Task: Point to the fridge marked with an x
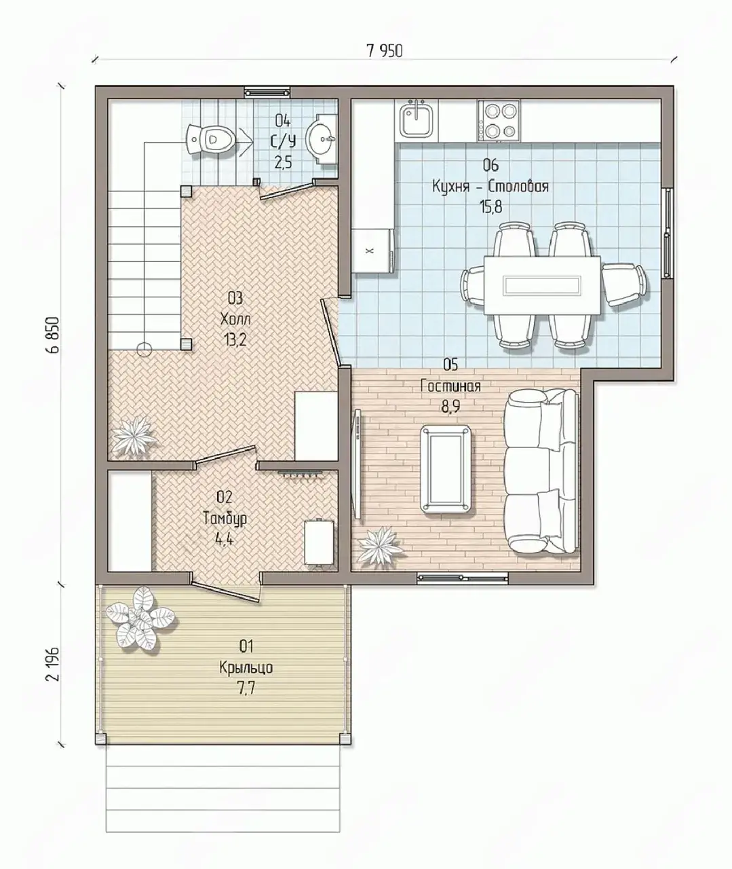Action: point(373,251)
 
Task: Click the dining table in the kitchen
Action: point(542,286)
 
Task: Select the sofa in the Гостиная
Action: point(541,472)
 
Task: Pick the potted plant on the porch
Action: point(139,617)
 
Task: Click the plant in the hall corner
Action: point(134,435)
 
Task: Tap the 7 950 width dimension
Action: point(385,51)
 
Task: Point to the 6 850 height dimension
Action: point(53,335)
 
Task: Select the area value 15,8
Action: point(492,207)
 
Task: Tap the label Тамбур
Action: point(225,519)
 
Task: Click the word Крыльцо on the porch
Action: point(246,667)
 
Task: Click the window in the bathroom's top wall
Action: point(267,92)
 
